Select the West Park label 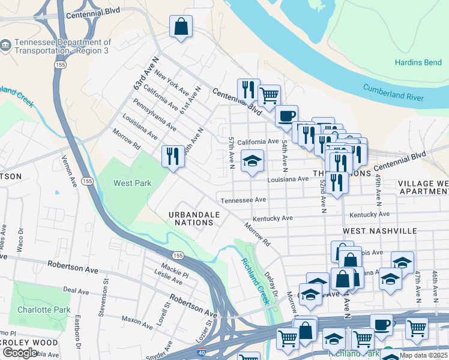(x=133, y=182)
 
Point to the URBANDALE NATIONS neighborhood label (x=191, y=218)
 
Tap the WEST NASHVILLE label (x=379, y=230)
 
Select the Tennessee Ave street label (x=243, y=200)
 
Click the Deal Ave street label (x=76, y=290)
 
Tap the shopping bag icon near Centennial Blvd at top (x=180, y=27)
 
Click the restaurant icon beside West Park (x=173, y=156)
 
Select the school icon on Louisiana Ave (x=252, y=161)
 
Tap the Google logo (x=20, y=352)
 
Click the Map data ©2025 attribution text (x=424, y=355)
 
